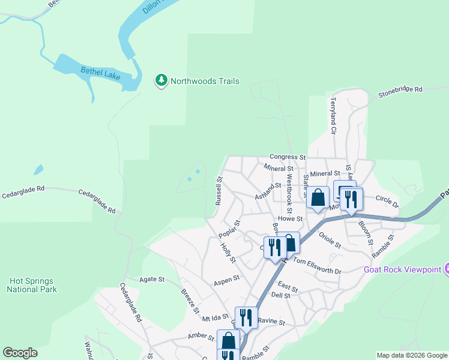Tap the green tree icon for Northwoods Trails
click(x=161, y=80)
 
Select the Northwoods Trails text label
click(x=205, y=81)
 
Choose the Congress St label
click(x=288, y=157)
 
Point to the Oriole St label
click(x=330, y=241)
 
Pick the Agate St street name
click(x=152, y=279)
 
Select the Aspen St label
click(x=228, y=279)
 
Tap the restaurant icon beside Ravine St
click(x=246, y=317)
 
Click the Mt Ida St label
click(x=215, y=317)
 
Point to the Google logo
click(x=20, y=353)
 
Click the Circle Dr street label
click(x=387, y=199)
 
